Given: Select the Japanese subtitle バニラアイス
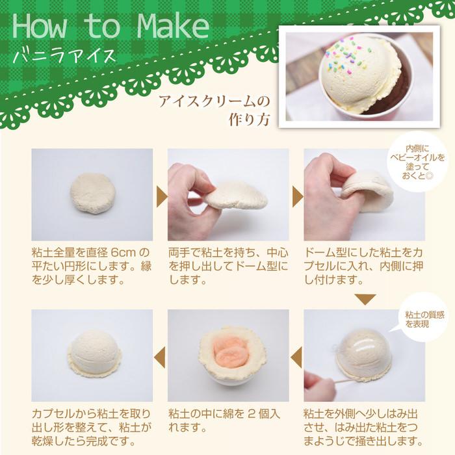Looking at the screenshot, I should tap(64, 55).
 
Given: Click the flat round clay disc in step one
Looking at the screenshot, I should tap(92, 193).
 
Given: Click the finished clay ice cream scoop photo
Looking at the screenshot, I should tap(93, 354).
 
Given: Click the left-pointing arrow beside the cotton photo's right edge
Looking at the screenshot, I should tap(296, 357).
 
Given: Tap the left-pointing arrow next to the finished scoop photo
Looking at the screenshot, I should tap(160, 357).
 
